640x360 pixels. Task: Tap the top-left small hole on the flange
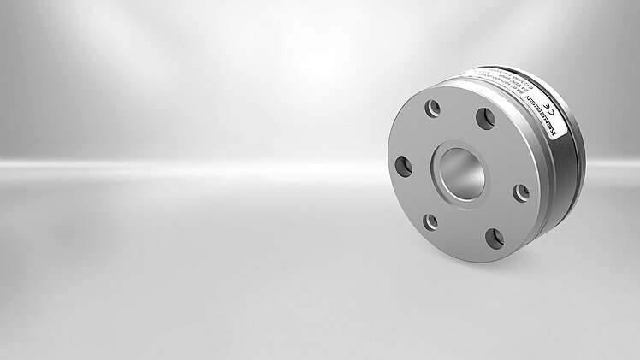coord(434,109)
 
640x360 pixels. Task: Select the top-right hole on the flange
coord(485,118)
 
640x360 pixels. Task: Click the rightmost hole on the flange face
coord(520,192)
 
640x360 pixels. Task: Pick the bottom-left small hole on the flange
coord(431,221)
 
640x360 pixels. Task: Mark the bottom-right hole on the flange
coord(495,239)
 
